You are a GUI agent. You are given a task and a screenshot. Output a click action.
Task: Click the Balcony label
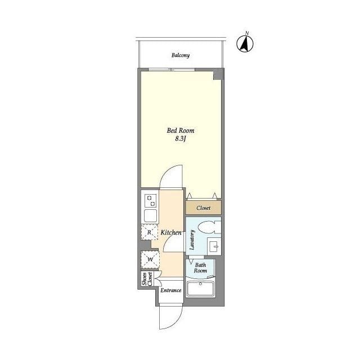[x=181, y=55]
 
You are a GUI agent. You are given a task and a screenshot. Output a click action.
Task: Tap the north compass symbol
[x=245, y=43]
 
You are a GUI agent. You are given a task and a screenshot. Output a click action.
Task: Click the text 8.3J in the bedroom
[x=180, y=139]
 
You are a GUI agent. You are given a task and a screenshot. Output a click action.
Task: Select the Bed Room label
[x=181, y=130]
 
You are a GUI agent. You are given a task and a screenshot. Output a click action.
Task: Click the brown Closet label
[x=203, y=208]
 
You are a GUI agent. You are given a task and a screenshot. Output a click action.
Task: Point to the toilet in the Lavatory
[x=209, y=227]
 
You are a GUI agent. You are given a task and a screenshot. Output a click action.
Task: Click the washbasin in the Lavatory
[x=214, y=246]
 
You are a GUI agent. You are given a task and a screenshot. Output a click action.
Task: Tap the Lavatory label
[x=192, y=240]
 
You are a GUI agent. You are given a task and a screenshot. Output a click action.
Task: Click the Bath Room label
[x=200, y=268]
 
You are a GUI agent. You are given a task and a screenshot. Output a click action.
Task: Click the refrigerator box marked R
[x=150, y=232]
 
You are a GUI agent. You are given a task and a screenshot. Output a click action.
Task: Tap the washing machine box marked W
[x=150, y=260]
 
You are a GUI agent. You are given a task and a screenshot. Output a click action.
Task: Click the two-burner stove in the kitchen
[x=151, y=200]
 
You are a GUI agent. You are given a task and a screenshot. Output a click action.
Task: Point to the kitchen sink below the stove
[x=151, y=215]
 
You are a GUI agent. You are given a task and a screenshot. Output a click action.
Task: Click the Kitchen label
[x=171, y=232]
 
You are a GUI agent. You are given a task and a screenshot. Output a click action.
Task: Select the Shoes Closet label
[x=147, y=279]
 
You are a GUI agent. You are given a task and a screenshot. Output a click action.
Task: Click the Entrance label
[x=171, y=290]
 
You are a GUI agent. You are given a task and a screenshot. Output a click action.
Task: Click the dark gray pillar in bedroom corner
[x=218, y=74]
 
